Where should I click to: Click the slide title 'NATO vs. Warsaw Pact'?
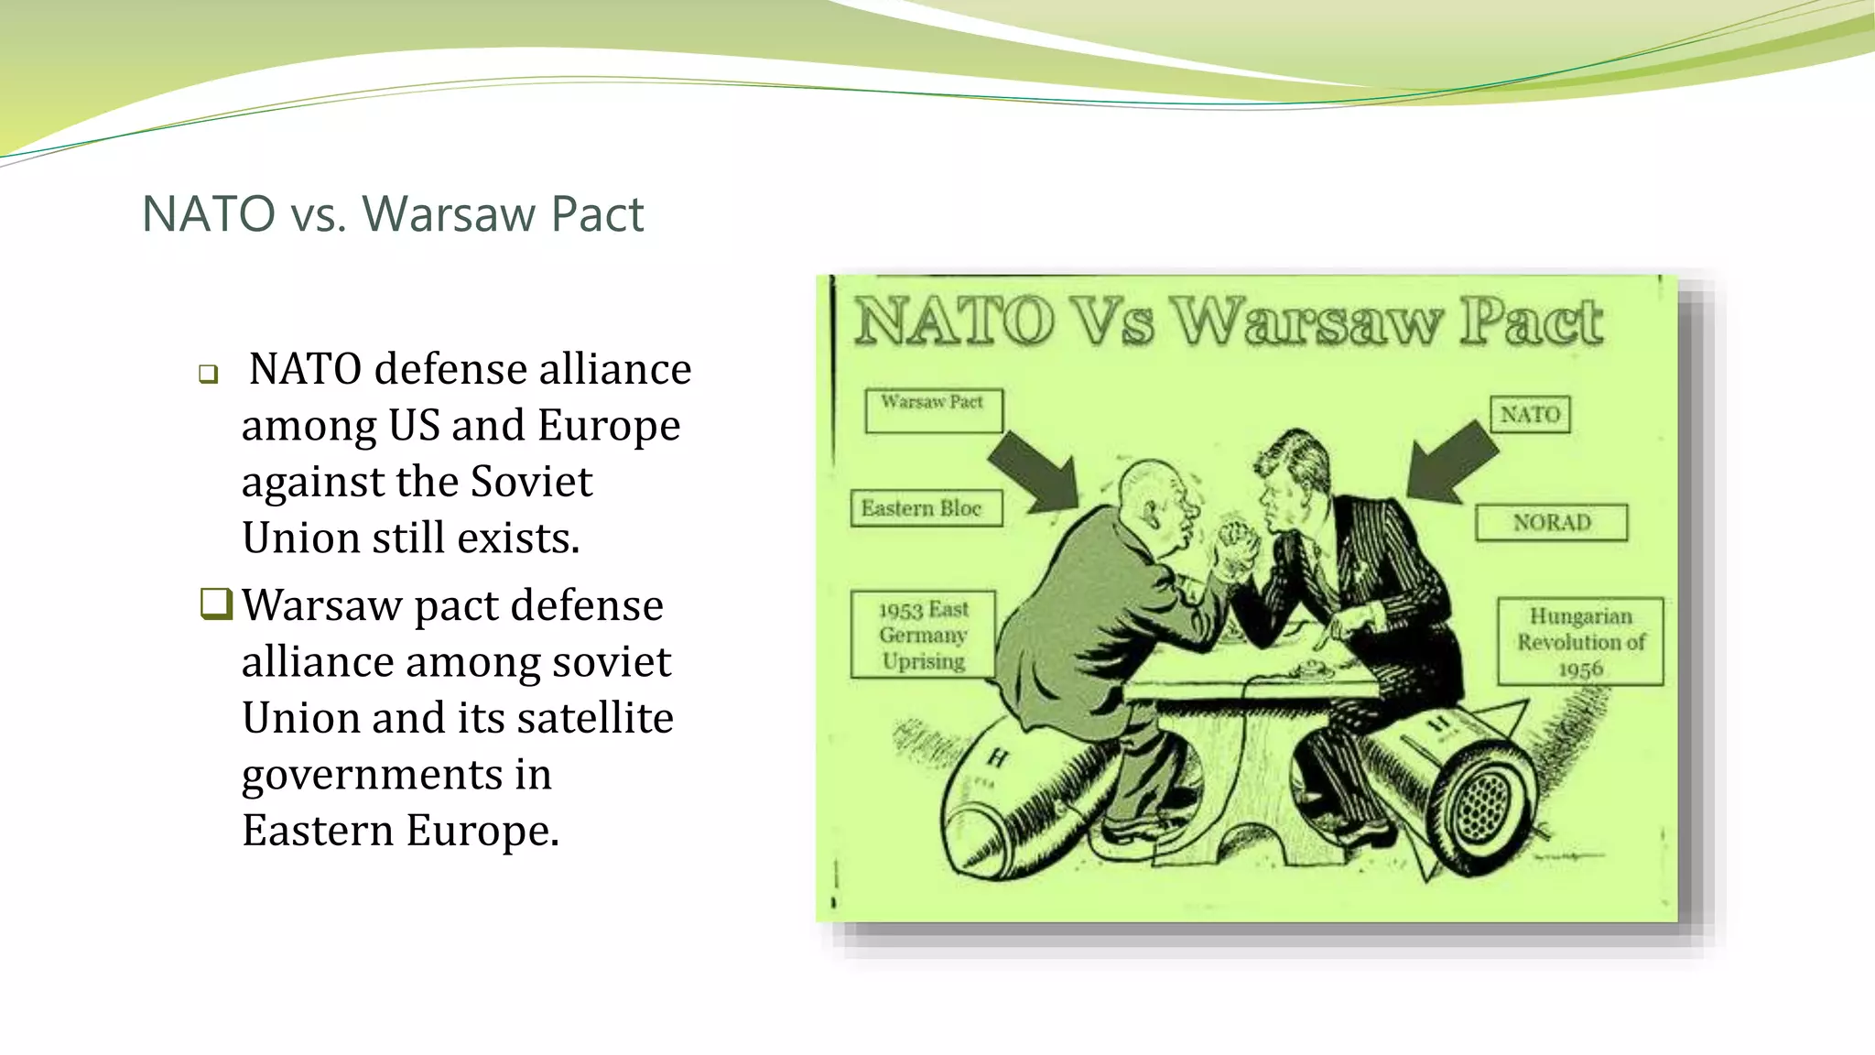pyautogui.click(x=393, y=214)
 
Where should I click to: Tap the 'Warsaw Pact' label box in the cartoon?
pyautogui.click(x=933, y=409)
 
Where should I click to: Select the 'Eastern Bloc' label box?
pyautogui.click(x=926, y=508)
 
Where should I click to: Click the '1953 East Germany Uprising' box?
pyautogui.click(x=923, y=635)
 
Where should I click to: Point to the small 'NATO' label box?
pyautogui.click(x=1530, y=414)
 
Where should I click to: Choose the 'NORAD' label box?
pyautogui.click(x=1551, y=522)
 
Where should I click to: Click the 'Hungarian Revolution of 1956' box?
pyautogui.click(x=1580, y=641)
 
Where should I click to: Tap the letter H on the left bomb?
pyautogui.click(x=997, y=758)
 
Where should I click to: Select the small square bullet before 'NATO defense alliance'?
pyautogui.click(x=209, y=374)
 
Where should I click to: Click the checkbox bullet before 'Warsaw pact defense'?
pyautogui.click(x=216, y=604)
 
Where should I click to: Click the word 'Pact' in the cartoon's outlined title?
pyautogui.click(x=1531, y=322)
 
